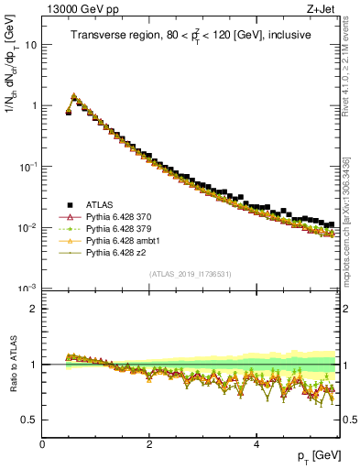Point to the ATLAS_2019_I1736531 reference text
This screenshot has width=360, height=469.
[x=191, y=274]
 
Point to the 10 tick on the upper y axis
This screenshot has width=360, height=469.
[x=29, y=44]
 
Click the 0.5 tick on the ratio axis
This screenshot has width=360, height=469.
[x=28, y=420]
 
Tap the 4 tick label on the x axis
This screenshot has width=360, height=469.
[x=256, y=443]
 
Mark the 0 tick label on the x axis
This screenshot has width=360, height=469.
[x=42, y=443]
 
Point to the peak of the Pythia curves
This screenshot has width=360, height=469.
[x=74, y=94]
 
